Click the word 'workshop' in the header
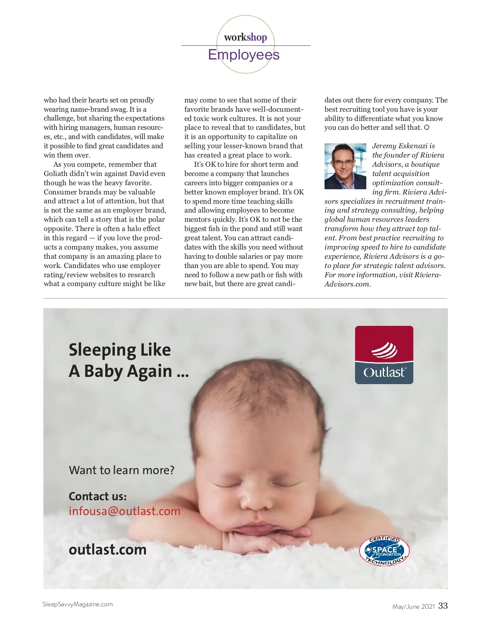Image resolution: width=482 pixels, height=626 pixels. coord(245,37)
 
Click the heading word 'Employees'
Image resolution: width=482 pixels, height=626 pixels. coord(244,55)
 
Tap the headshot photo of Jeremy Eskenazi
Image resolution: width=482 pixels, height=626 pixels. coord(345,166)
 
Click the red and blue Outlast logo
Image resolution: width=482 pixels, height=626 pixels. coord(384,355)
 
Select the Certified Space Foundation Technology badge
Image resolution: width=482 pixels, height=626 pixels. coord(384,550)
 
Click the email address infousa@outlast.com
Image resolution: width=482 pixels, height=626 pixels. coord(125,511)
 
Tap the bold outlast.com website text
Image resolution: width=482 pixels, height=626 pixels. coord(108,549)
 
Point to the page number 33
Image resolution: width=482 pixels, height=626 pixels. coord(443,606)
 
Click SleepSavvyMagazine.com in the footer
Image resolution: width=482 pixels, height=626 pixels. coord(78,604)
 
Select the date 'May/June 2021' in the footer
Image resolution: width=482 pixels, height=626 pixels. coord(413,607)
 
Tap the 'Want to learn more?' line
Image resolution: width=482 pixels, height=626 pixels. coord(122,470)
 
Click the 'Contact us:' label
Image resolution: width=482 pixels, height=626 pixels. coord(98,497)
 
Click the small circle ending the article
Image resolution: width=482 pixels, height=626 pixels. coord(427,127)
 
